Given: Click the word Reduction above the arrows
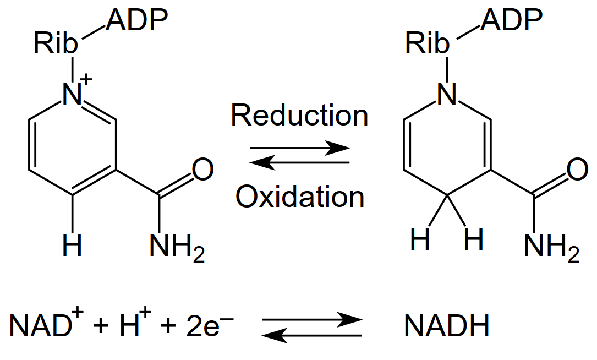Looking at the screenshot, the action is (300, 116).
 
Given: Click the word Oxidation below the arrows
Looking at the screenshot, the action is (300, 197).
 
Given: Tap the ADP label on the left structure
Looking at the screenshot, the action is (137, 20).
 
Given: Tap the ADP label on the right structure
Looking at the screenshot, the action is (511, 20).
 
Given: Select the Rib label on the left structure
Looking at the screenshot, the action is (56, 43).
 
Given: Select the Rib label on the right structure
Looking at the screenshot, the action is (427, 43).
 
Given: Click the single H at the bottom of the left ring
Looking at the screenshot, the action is (72, 246).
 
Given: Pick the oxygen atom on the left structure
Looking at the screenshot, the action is (203, 170).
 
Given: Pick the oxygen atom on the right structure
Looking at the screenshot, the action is (578, 170).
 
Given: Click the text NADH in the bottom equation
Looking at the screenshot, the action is (447, 326).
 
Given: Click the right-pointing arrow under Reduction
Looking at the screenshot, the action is (300, 148).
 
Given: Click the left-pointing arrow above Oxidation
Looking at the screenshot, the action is (300, 163).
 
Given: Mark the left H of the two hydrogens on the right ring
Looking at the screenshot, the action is (420, 239).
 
